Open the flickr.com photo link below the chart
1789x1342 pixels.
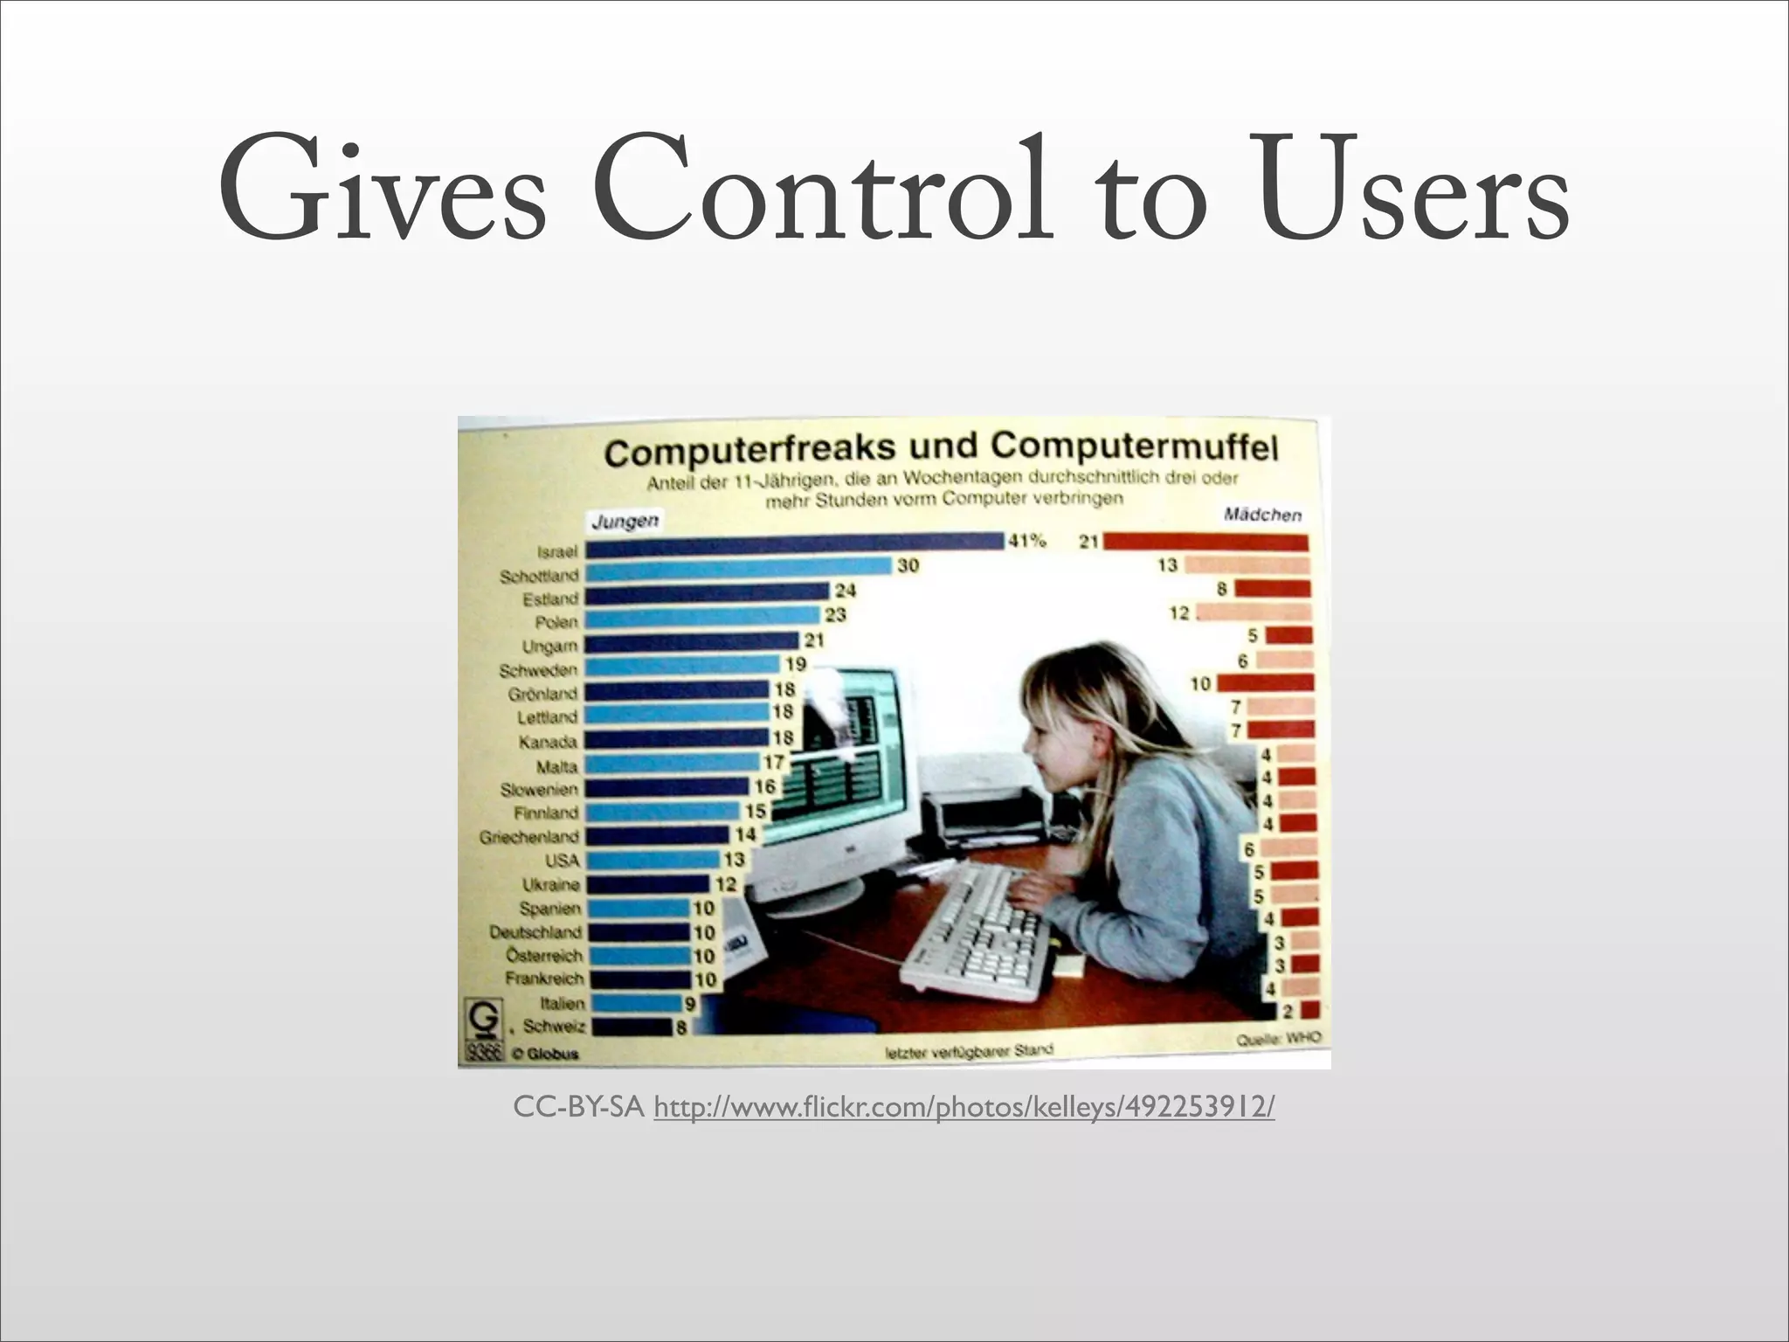[964, 1108]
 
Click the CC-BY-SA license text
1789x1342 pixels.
[578, 1108]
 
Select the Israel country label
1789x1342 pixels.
[557, 552]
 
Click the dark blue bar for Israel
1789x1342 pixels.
[794, 546]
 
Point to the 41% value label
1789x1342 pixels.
[1027, 541]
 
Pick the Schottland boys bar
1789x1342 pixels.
[739, 570]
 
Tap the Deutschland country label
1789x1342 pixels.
[535, 932]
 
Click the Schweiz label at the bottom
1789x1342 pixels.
[554, 1027]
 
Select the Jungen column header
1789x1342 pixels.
[625, 522]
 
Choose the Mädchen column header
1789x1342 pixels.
[1262, 515]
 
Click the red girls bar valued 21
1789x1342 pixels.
[1206, 543]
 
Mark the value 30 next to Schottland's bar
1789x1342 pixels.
[908, 565]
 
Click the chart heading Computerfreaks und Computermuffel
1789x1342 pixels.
[941, 449]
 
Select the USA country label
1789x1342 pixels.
[563, 861]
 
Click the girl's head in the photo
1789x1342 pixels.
[1083, 708]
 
